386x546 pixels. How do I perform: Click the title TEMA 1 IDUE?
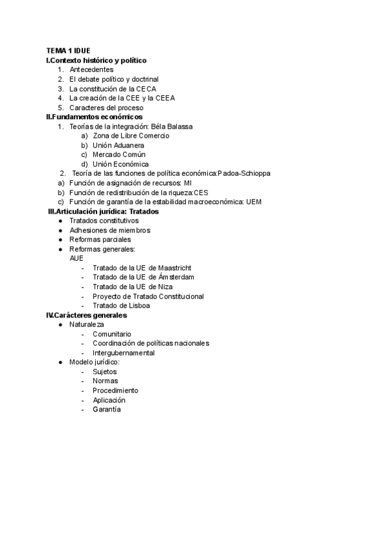coord(68,50)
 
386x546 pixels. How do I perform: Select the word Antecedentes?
coord(91,70)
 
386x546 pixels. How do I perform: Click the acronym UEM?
coord(254,202)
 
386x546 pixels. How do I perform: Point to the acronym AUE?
coord(76,258)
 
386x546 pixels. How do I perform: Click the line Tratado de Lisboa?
coord(121,305)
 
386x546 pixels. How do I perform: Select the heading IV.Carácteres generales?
coord(87,315)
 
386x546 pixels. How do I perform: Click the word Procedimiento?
coord(115,391)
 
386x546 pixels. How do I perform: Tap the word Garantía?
coord(107,409)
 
